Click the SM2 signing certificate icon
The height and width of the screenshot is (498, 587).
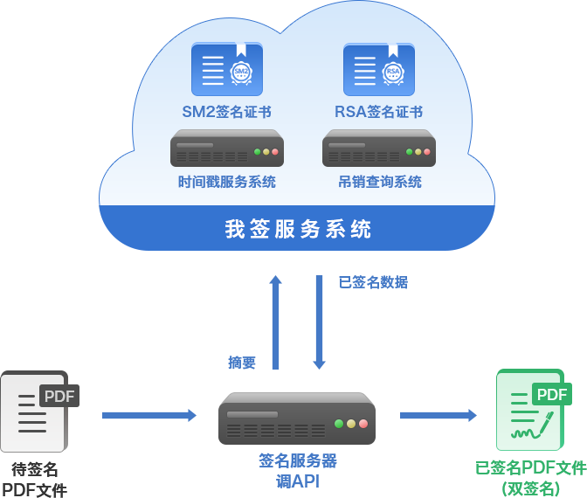click(226, 70)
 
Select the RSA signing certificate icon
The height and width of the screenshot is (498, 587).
click(378, 70)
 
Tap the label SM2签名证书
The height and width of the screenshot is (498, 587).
click(226, 112)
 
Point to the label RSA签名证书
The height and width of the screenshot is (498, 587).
click(378, 112)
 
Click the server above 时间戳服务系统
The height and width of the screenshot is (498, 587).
click(226, 149)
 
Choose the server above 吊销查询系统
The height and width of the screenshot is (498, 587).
click(378, 149)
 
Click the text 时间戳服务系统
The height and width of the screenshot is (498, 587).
click(226, 182)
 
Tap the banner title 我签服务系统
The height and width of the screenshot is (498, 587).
click(298, 229)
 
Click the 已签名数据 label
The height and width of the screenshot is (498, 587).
click(373, 282)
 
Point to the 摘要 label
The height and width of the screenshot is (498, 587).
click(242, 362)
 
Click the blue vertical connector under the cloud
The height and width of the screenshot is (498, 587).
click(297, 322)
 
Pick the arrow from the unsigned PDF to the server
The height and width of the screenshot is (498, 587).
click(149, 415)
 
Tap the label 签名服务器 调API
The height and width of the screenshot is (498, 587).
click(297, 470)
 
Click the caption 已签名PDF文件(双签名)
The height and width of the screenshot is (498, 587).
click(530, 477)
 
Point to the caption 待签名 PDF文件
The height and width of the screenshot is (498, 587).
click(35, 479)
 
